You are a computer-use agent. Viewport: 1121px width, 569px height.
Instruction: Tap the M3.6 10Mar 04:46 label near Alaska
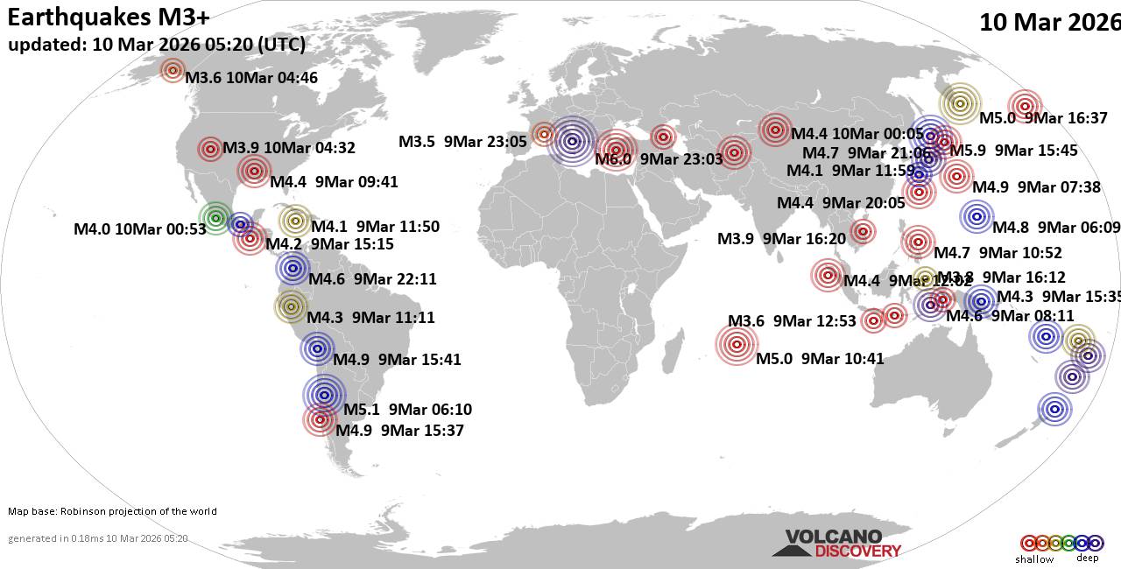(250, 78)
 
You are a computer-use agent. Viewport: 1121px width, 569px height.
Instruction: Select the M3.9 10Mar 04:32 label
(289, 148)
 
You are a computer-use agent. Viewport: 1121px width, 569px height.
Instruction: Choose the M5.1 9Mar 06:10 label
(407, 410)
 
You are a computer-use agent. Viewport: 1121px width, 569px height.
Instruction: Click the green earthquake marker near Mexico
(215, 217)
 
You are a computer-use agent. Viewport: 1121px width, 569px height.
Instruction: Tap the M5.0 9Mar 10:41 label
(820, 358)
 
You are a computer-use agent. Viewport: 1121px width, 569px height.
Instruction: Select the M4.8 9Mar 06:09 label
(1055, 228)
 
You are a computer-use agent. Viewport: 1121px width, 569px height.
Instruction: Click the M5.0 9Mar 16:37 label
(1042, 118)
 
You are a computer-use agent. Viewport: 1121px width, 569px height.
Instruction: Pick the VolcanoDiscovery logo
(835, 544)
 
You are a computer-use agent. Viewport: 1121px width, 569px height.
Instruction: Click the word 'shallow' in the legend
(1034, 559)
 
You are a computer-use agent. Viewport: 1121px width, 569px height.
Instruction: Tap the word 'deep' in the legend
(1087, 558)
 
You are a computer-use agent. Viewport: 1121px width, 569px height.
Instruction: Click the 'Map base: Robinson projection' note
(112, 511)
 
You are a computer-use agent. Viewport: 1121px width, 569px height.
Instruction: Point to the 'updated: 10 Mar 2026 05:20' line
(157, 46)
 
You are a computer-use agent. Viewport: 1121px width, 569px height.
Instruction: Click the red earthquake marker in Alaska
(173, 71)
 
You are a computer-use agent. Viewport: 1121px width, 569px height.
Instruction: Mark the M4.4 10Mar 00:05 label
(857, 134)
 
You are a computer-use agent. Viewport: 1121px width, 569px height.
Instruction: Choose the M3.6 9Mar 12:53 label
(792, 321)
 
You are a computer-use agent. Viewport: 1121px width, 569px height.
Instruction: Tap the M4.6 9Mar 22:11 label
(372, 280)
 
